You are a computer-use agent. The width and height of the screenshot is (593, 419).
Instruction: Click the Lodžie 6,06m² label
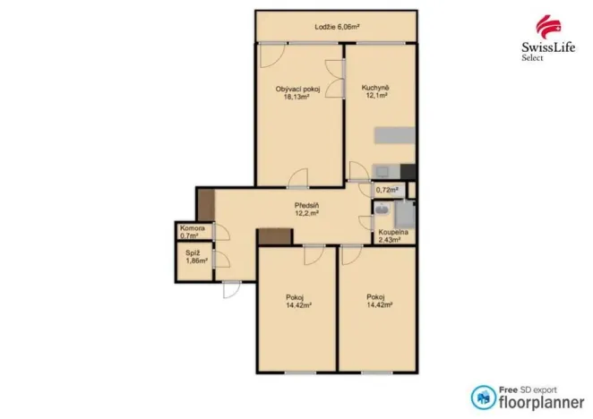pyautogui.click(x=337, y=27)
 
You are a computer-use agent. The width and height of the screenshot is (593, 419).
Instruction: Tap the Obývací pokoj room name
pyautogui.click(x=297, y=90)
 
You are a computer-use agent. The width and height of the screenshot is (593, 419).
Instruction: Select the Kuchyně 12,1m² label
pyautogui.click(x=375, y=91)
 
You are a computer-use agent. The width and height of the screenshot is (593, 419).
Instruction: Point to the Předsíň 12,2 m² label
pyautogui.click(x=306, y=209)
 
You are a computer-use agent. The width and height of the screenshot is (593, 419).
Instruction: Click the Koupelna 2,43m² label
pyautogui.click(x=393, y=236)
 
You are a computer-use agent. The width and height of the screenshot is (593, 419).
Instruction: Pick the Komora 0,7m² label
pyautogui.click(x=192, y=232)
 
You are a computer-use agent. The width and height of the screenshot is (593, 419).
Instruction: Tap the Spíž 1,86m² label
pyautogui.click(x=196, y=257)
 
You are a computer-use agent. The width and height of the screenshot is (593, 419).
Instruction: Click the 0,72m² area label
pyautogui.click(x=387, y=190)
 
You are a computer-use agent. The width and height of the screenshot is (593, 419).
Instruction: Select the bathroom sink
pyautogui.click(x=382, y=209)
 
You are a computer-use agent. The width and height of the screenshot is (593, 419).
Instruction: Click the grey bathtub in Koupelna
pyautogui.click(x=405, y=214)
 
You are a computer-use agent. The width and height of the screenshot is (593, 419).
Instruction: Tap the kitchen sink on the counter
pyautogui.click(x=382, y=172)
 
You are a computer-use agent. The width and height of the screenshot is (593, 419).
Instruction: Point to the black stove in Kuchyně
pyautogui.click(x=408, y=172)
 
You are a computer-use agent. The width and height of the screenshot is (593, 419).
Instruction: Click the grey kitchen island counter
pyautogui.click(x=395, y=135)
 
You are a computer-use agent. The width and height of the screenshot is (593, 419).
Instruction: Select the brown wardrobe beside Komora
pyautogui.click(x=207, y=205)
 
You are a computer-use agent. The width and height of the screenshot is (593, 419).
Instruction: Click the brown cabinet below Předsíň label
pyautogui.click(x=275, y=236)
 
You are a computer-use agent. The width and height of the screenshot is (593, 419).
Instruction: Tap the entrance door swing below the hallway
pyautogui.click(x=231, y=290)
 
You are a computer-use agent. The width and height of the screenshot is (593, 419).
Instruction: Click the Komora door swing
pyautogui.click(x=222, y=231)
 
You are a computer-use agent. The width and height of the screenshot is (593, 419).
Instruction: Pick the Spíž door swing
pyautogui.click(x=222, y=259)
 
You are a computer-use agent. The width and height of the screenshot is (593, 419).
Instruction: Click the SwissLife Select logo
pyautogui.click(x=548, y=38)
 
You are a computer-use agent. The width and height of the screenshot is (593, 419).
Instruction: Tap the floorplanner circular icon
pyautogui.click(x=484, y=398)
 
